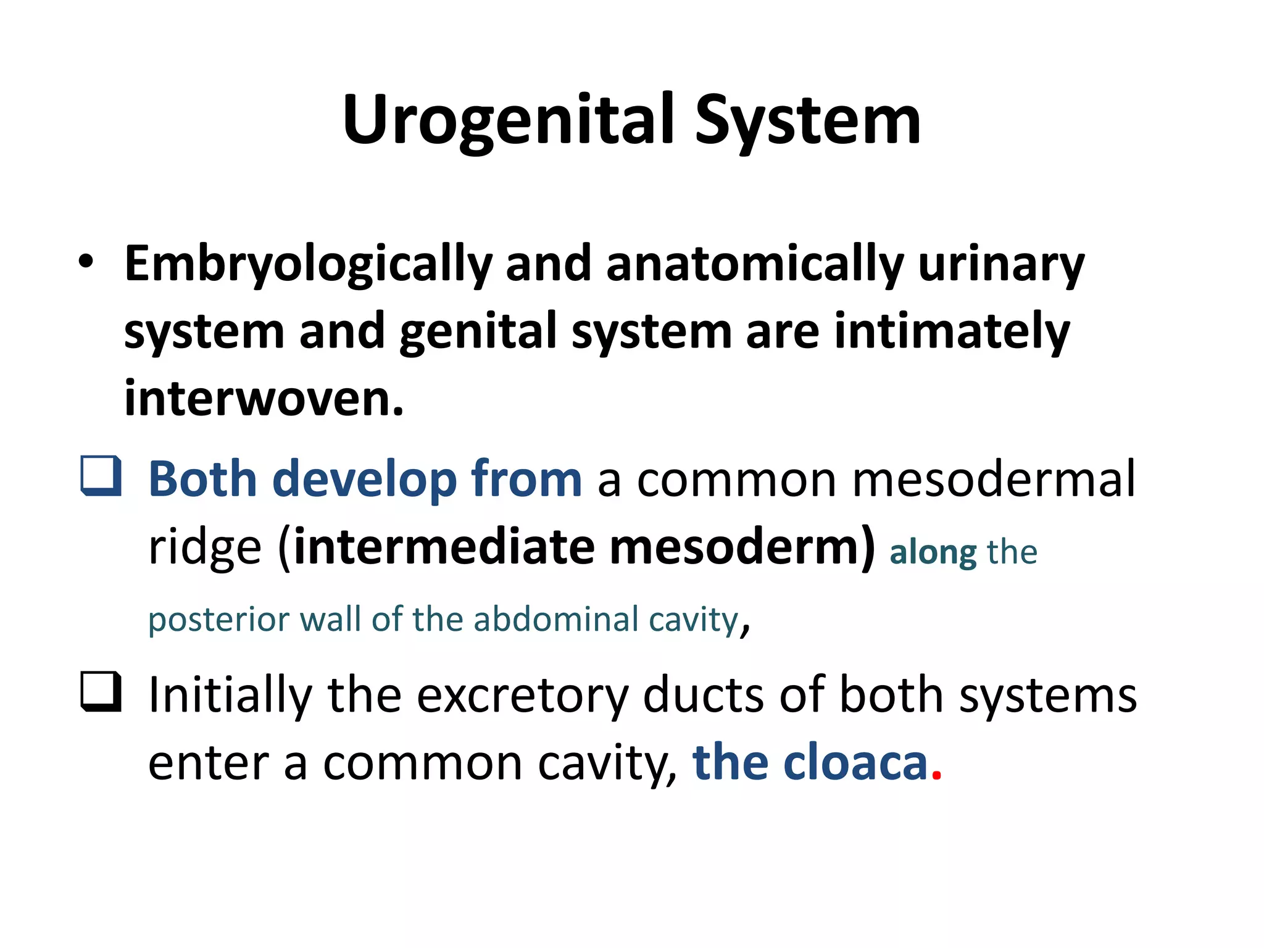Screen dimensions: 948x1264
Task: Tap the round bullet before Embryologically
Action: [86, 262]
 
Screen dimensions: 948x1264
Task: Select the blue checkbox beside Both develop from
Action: [101, 476]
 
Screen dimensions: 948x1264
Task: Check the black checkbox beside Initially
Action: [101, 692]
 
